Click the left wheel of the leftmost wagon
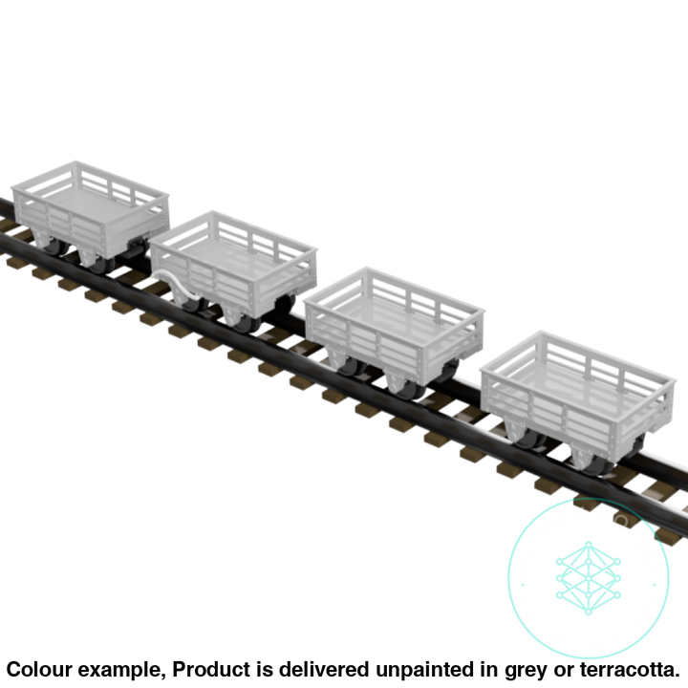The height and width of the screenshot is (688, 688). coord(54,247)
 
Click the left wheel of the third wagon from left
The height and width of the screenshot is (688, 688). coord(350,365)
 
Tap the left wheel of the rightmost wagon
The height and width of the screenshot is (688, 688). coord(531,441)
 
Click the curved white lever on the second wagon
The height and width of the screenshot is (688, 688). coord(177,281)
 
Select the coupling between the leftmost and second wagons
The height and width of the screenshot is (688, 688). coord(143,250)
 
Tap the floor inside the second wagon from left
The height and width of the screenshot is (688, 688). coord(234,253)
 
